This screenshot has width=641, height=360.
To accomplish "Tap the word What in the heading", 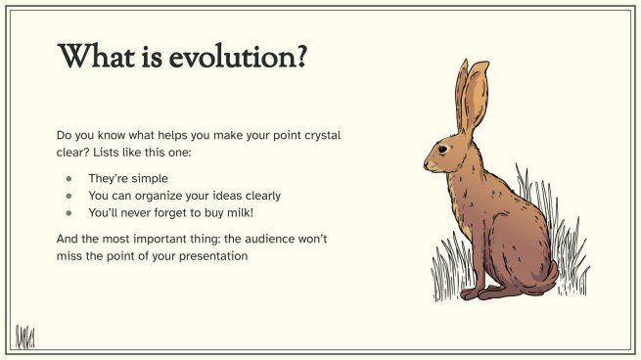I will pyautogui.click(x=96, y=57).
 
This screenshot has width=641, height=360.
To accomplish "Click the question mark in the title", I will pyautogui.click(x=301, y=57).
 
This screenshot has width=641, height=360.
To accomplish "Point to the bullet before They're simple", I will pyautogui.click(x=69, y=179).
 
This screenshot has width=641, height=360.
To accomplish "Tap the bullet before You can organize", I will pyautogui.click(x=69, y=196).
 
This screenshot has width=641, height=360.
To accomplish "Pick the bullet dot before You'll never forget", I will pyautogui.click(x=69, y=212).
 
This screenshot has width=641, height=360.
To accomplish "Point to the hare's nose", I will pyautogui.click(x=427, y=161).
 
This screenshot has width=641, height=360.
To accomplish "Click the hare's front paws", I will pyautogui.click(x=475, y=292).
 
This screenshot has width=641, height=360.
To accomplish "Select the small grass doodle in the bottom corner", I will pyautogui.click(x=24, y=337).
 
